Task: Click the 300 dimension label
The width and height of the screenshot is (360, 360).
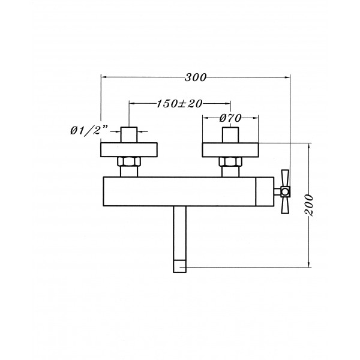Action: (x=196, y=77)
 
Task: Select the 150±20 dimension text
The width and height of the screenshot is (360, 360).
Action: (x=179, y=104)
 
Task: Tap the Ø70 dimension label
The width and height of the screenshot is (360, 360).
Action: (x=230, y=118)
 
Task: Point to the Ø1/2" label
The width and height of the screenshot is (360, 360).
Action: (x=89, y=131)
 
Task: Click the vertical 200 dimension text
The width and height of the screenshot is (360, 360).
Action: (x=309, y=205)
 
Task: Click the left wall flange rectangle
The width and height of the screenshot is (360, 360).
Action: (x=129, y=150)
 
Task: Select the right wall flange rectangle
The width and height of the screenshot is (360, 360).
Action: (x=230, y=150)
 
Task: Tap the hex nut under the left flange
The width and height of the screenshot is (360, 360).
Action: (x=129, y=161)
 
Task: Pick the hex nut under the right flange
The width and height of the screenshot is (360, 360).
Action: (x=230, y=161)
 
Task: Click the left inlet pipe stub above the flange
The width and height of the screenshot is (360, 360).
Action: (x=129, y=135)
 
